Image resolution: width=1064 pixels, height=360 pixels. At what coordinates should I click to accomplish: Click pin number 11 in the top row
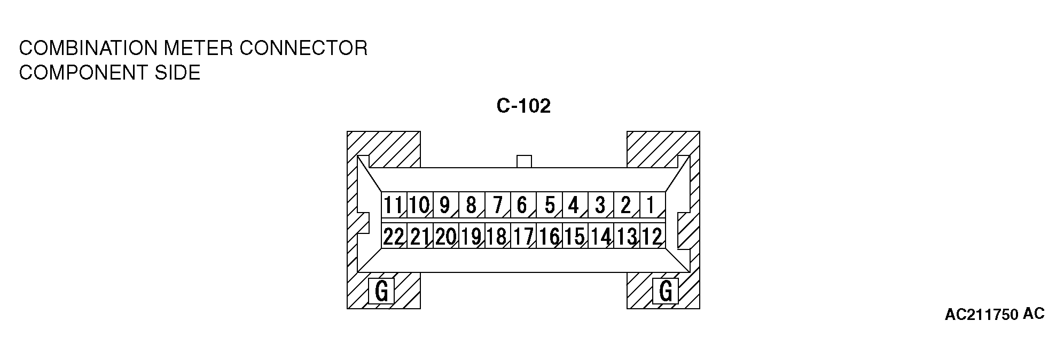coord(394,205)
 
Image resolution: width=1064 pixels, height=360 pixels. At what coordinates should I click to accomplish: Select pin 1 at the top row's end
coord(651,205)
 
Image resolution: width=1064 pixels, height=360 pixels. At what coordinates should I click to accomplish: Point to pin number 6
coord(522,205)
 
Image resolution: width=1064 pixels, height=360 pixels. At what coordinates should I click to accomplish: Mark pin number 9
coord(444,205)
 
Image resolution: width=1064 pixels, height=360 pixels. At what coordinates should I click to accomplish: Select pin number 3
coord(600,205)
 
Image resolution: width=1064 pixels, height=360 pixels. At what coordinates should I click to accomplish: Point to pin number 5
coord(550,205)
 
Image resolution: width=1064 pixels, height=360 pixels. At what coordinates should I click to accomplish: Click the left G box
coord(381,291)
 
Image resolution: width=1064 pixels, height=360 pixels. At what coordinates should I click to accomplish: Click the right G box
coord(666,291)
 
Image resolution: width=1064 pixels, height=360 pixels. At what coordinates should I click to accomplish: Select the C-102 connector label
coord(523,106)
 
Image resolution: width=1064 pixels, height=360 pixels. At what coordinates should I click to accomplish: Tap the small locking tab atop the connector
coord(524,161)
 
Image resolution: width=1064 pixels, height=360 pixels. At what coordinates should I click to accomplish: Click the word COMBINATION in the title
coord(89,49)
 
